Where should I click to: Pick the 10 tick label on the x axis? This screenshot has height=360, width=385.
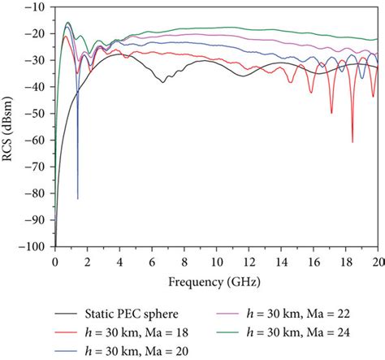(216, 262)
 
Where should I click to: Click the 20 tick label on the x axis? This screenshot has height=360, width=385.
(377, 262)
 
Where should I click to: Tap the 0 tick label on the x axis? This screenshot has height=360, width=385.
(55, 262)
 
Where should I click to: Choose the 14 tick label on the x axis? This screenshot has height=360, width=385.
(280, 262)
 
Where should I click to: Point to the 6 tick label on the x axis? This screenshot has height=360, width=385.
(152, 262)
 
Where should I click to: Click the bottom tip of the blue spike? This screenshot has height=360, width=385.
(78, 197)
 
